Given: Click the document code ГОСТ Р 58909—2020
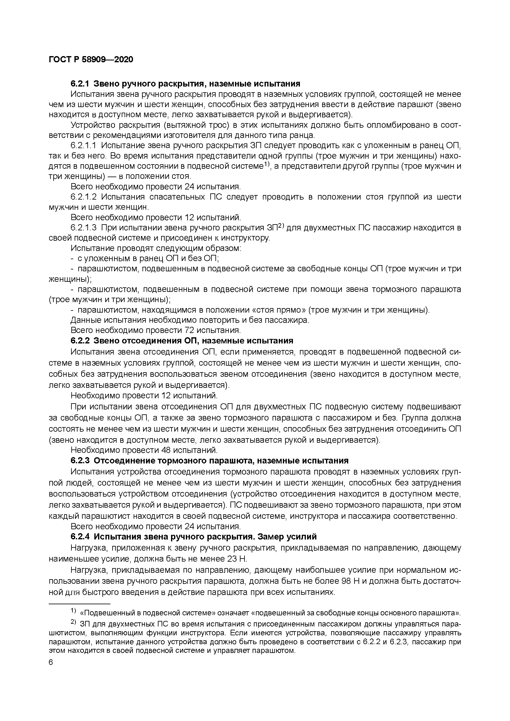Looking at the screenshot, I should pyautogui.click(x=91, y=59).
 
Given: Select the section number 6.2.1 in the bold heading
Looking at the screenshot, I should pyautogui.click(x=80, y=84).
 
